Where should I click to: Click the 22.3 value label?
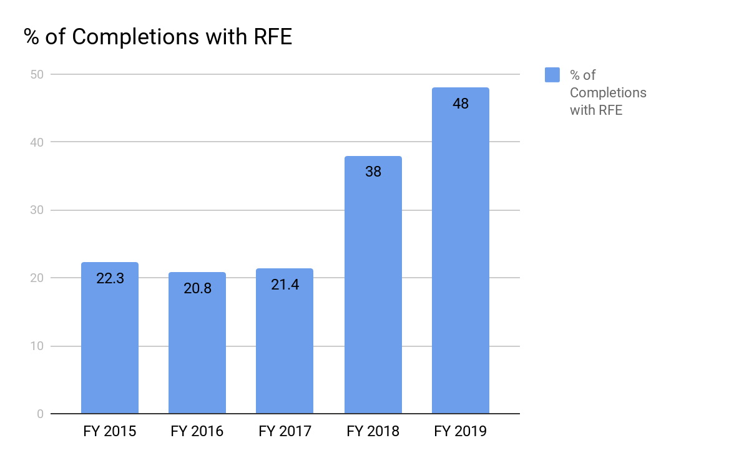tap(110, 278)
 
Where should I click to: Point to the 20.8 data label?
tap(197, 288)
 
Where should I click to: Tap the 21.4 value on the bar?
tap(285, 285)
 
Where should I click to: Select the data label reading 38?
tap(373, 172)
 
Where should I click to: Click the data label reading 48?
tap(461, 104)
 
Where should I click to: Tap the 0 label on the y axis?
tap(39, 414)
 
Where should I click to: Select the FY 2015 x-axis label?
tap(110, 431)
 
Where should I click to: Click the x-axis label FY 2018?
tap(373, 431)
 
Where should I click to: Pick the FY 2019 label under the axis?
tap(461, 431)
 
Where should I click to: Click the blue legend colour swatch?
tap(552, 75)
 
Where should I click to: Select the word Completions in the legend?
tap(608, 93)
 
